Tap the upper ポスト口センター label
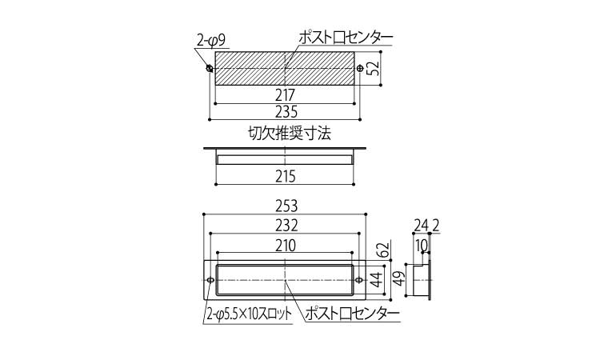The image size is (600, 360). coord(345,38)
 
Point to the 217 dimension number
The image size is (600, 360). coord(285,94)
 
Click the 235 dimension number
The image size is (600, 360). coord(285,111)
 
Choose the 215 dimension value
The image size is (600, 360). coord(285,175)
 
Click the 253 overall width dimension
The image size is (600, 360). coord(285,206)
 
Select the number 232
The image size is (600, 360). coord(285,226)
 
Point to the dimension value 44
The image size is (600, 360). coord(374,280)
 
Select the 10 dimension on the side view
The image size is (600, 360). coord(420,245)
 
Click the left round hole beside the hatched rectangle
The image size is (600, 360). coord(210,69)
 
